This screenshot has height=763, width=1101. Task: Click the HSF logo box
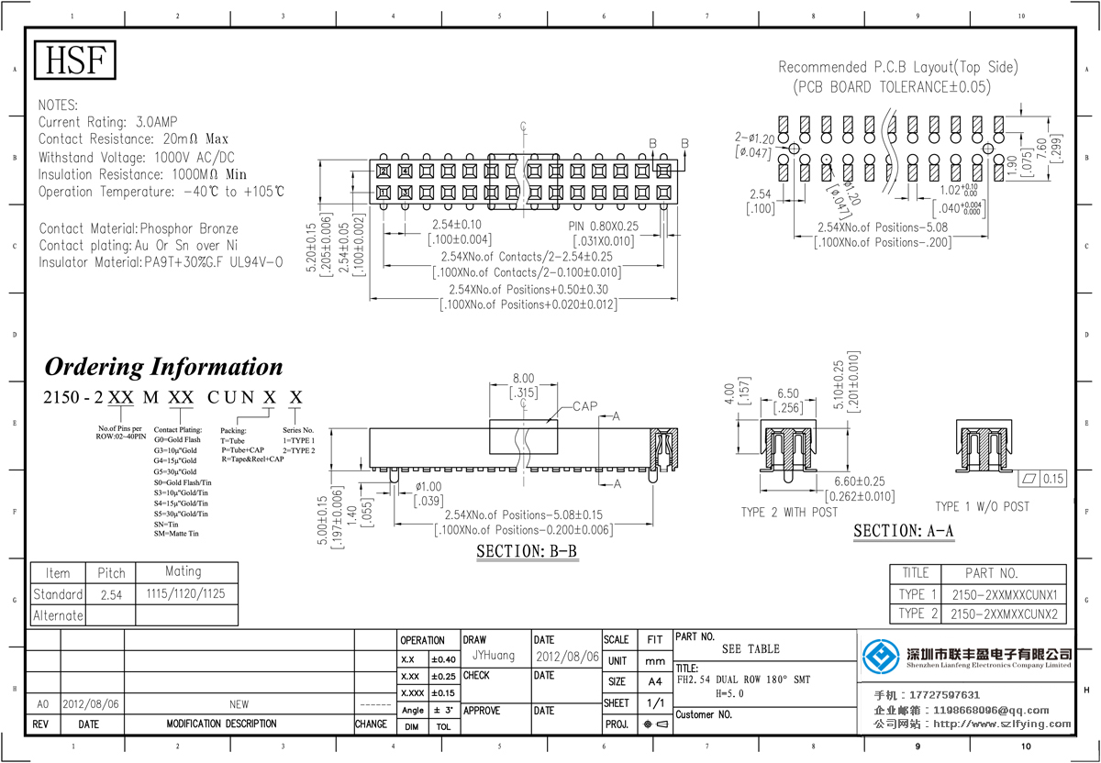click(76, 61)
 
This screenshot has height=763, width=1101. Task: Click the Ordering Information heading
click(164, 367)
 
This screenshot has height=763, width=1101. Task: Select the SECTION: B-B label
click(527, 551)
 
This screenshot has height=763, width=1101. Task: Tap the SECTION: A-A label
click(904, 531)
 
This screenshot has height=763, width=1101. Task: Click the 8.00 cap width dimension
click(523, 378)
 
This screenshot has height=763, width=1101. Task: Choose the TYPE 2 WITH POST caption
click(789, 513)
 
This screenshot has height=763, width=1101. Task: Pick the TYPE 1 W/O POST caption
click(982, 506)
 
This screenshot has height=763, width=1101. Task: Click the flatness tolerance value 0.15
click(1054, 479)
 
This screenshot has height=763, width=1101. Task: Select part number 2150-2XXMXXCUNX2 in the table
click(1004, 614)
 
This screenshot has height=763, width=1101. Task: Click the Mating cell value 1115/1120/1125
click(185, 594)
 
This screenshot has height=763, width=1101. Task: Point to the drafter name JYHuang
click(494, 656)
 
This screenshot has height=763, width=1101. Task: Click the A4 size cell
click(654, 681)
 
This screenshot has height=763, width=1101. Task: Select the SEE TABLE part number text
click(751, 648)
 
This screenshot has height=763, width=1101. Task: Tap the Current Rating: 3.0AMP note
click(108, 122)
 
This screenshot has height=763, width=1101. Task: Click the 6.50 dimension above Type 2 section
click(787, 393)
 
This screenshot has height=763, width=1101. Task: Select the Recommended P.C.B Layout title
click(897, 67)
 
